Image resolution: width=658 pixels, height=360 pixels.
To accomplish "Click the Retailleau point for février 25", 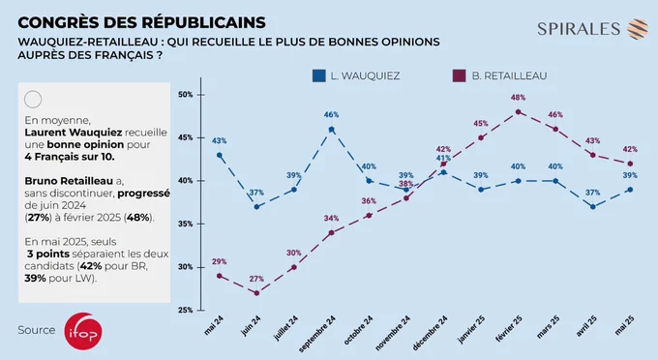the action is click(519, 112).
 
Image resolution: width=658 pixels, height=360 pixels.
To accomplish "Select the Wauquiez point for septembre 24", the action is click(332, 130).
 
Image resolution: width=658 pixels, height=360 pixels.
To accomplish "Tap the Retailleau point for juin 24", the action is click(256, 293).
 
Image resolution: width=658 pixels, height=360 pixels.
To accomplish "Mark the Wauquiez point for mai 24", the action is click(219, 155).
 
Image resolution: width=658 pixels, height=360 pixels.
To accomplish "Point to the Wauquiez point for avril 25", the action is click(592, 207).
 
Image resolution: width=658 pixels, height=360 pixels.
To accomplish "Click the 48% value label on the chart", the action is click(519, 98).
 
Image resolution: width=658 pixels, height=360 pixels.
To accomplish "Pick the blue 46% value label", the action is click(332, 114).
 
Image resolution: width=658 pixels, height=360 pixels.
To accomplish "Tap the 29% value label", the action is click(219, 261).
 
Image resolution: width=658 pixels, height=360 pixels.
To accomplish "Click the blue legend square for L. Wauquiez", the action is click(319, 75).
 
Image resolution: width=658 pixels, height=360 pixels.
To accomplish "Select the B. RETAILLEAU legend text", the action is click(509, 75).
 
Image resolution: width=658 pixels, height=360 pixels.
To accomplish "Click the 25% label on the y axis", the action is click(185, 310).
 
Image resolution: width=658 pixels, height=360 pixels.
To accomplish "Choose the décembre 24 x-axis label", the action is click(430, 333).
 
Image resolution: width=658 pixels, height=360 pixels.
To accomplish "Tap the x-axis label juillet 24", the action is click(285, 328).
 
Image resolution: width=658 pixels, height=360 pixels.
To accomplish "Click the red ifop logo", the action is click(83, 332).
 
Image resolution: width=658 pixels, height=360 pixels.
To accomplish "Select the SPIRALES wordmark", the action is click(579, 29).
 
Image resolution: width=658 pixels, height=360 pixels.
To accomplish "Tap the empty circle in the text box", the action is click(33, 100).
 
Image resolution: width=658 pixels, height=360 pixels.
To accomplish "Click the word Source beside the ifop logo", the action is click(37, 330).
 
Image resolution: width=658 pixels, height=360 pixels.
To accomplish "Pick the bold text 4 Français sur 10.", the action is click(70, 157).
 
